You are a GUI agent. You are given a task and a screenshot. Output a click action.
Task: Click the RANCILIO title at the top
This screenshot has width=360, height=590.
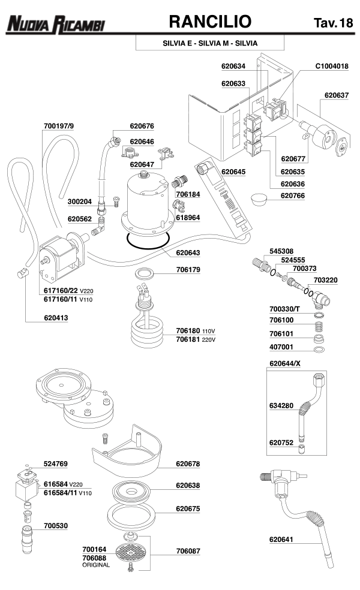pos(209,22)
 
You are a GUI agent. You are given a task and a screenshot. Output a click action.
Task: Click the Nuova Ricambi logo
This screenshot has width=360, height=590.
pos(55,24)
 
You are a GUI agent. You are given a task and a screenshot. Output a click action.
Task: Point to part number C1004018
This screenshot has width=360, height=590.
pos(332,67)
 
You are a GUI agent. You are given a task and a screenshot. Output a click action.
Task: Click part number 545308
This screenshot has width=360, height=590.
pos(281,251)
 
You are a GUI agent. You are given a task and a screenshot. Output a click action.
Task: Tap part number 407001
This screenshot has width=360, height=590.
pos(281,347)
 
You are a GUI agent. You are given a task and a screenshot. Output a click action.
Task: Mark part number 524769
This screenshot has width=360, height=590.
pos(56,463)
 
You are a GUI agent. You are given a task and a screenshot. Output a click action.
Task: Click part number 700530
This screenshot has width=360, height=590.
pos(56,526)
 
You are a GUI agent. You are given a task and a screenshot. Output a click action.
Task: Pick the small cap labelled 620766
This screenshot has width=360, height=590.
pos(259,198)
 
